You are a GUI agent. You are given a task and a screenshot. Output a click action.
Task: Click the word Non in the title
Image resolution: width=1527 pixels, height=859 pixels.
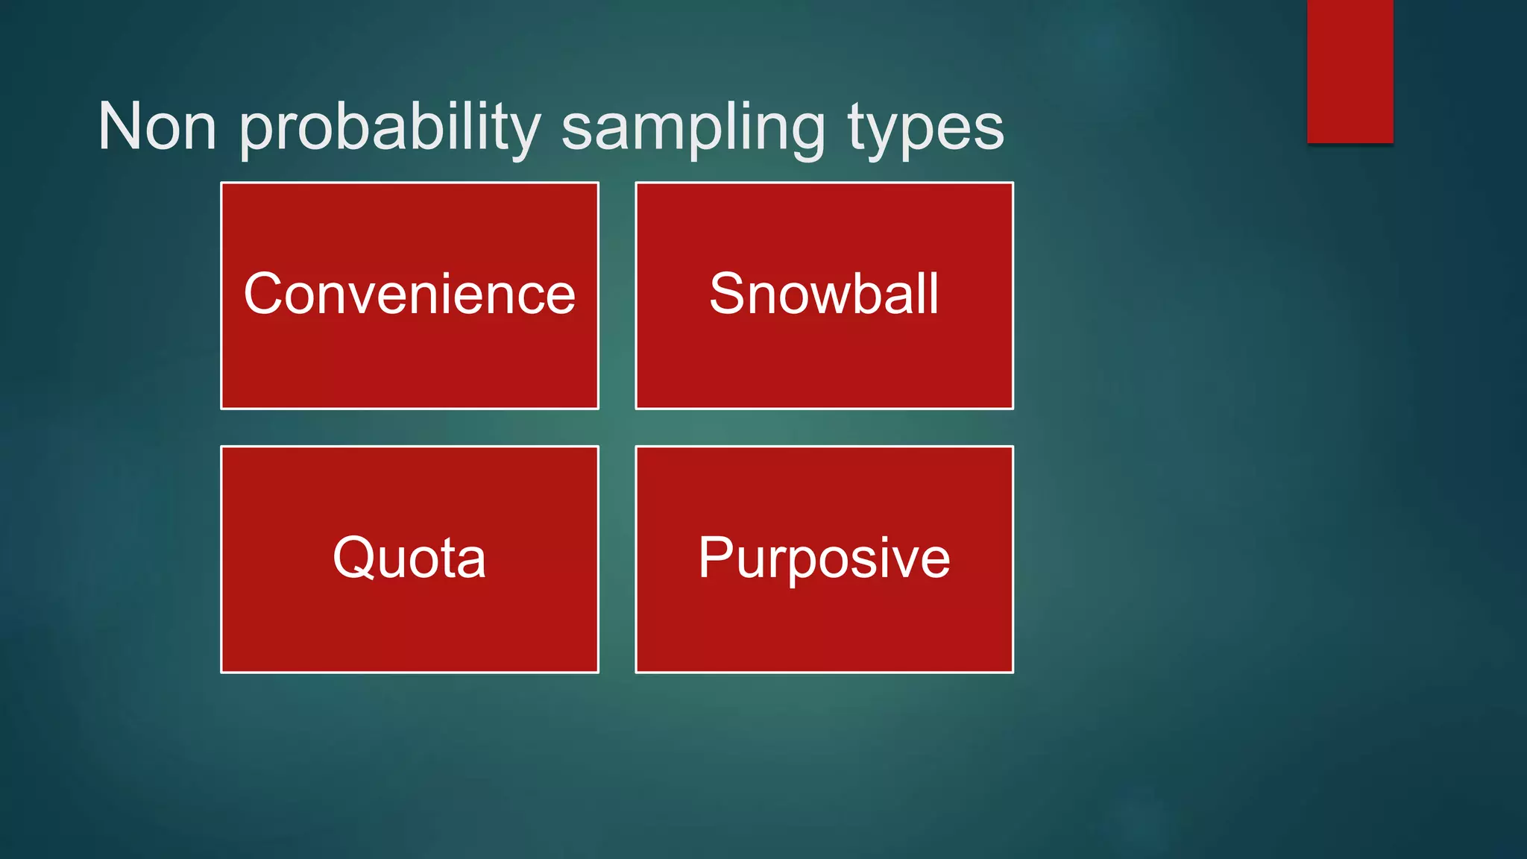pos(157,127)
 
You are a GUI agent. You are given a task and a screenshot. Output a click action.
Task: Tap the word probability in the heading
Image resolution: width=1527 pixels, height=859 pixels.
pos(389,128)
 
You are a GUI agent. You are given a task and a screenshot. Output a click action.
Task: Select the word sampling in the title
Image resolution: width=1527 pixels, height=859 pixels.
pos(693,128)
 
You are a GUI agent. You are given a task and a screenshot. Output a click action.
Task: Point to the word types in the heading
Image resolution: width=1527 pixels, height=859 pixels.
pos(925,128)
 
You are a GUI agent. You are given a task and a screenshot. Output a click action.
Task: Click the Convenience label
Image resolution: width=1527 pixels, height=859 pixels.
pos(409,295)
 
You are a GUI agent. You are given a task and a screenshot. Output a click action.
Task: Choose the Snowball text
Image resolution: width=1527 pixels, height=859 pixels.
pos(824,294)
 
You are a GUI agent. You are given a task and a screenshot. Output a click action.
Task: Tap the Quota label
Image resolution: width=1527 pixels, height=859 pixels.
pos(409,558)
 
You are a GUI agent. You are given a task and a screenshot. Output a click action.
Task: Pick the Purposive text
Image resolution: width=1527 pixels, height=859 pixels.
pos(824,558)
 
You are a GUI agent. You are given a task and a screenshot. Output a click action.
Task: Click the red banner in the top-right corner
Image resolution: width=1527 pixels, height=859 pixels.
pos(1350,71)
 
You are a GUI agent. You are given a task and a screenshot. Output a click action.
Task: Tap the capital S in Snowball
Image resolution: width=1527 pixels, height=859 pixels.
pos(728,294)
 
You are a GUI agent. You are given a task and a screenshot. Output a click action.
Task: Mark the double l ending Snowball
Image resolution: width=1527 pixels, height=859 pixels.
pos(928,292)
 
